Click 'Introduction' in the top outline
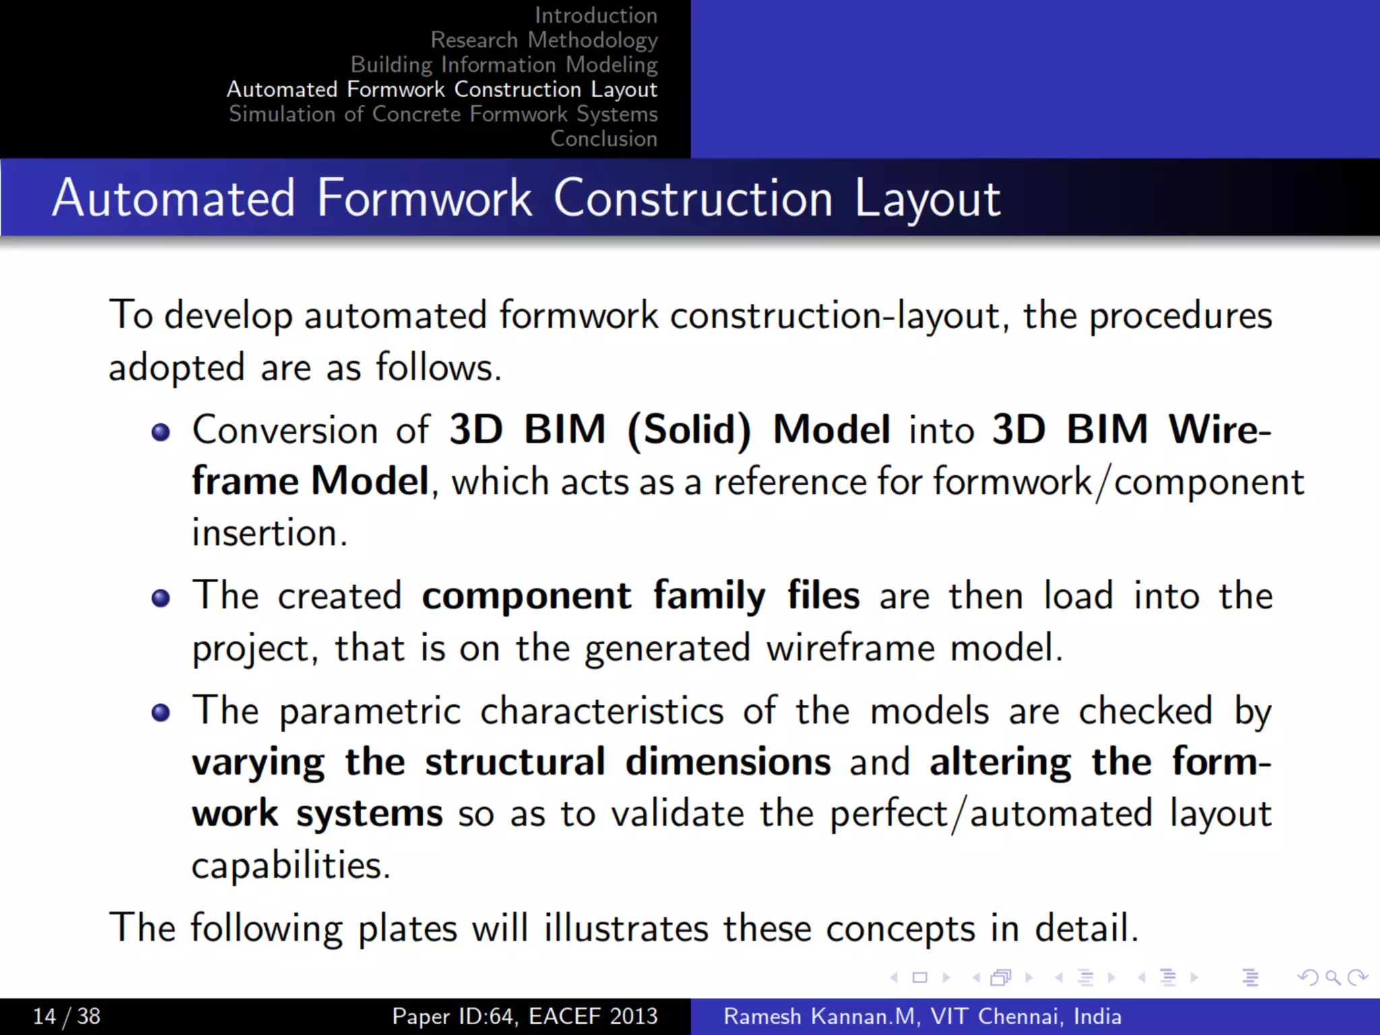596,15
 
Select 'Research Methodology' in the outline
544,40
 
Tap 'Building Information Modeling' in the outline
503,65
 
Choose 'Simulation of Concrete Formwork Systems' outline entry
443,114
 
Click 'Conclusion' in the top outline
603,139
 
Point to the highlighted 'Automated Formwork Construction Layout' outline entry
441,90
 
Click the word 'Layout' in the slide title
927,199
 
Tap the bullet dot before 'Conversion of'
160,432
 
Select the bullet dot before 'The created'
160,598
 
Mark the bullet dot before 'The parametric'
160,712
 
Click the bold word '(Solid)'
689,430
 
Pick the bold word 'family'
709,596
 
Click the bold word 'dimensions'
728,762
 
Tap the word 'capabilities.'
291,866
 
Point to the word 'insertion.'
270,534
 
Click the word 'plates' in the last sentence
407,929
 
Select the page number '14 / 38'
67,1016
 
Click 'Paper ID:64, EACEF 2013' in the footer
525,1016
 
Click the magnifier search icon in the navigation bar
1332,977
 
